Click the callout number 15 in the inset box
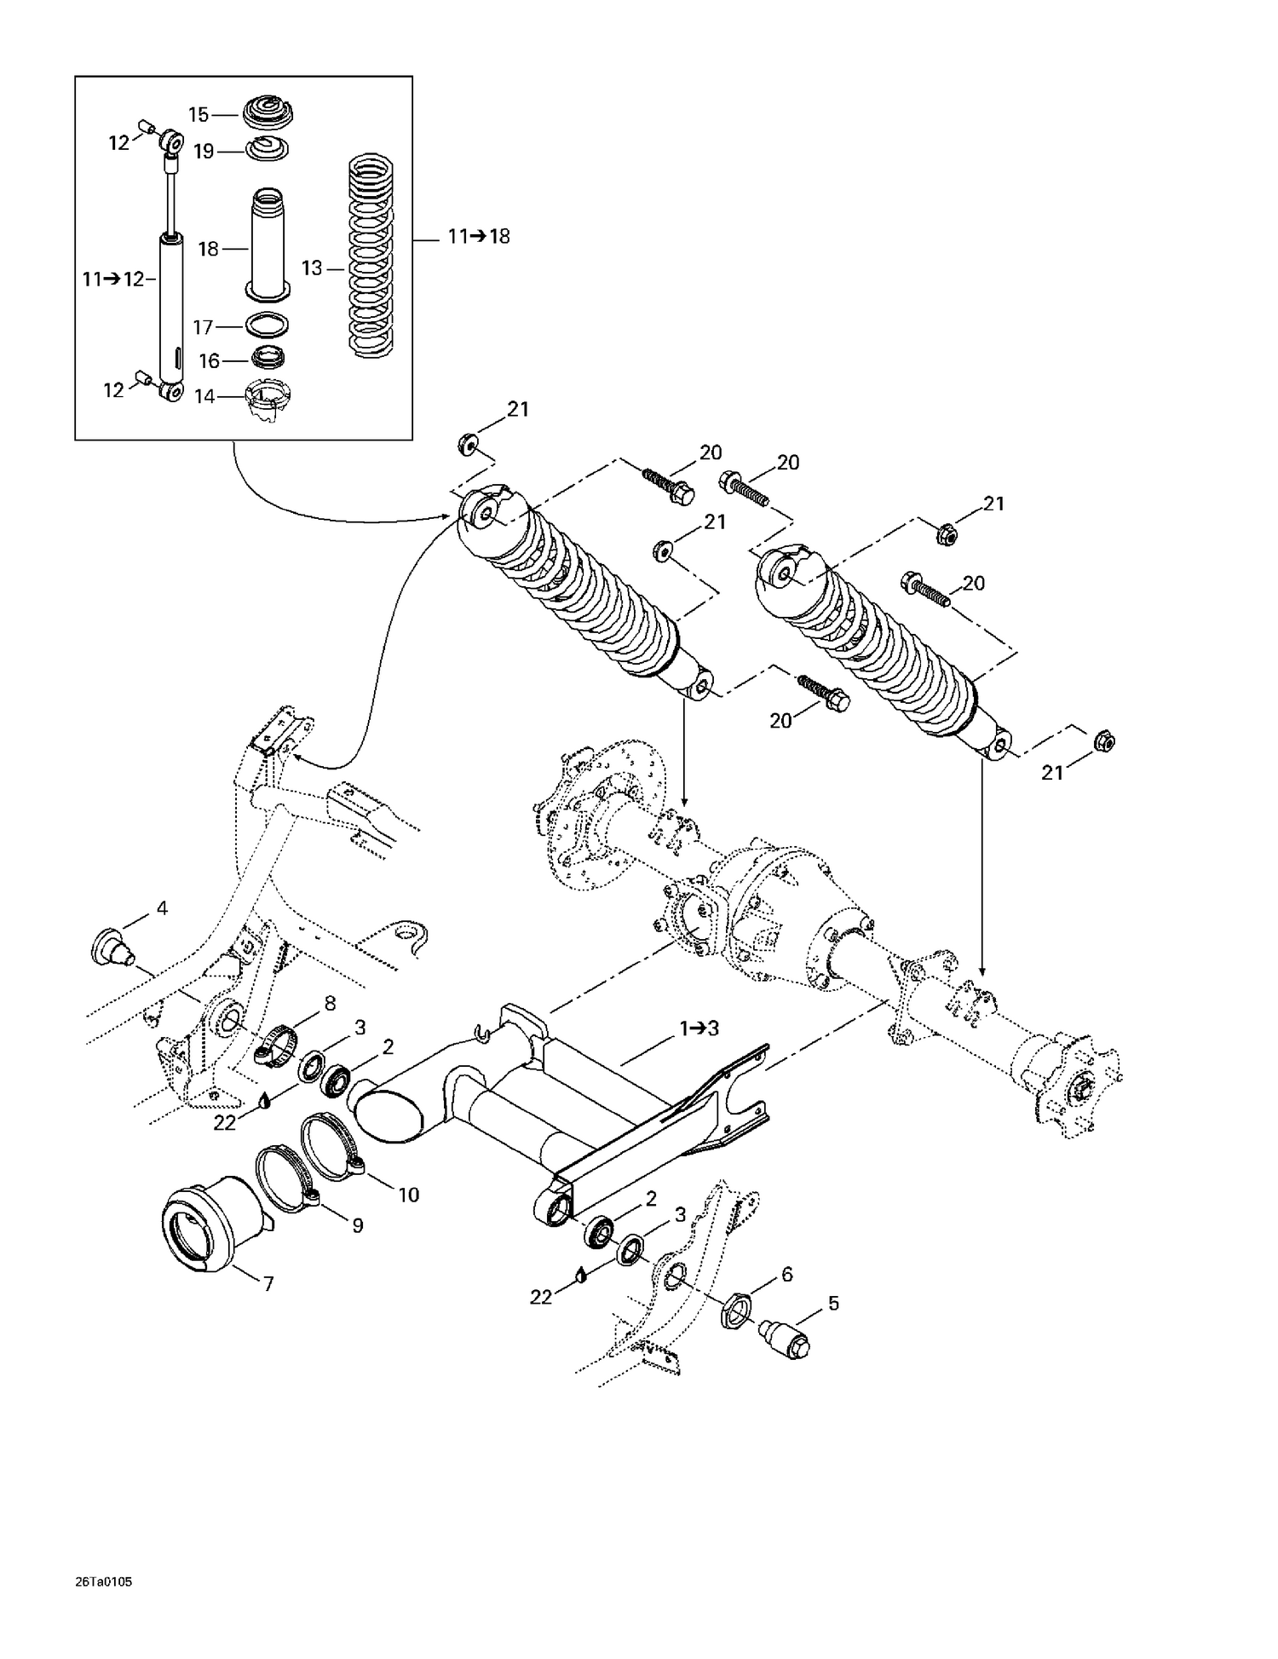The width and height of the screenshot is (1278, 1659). [x=198, y=115]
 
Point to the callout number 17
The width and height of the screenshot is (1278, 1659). [x=203, y=326]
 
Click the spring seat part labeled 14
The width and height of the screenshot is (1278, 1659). [x=268, y=402]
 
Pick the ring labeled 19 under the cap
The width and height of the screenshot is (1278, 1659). [x=268, y=150]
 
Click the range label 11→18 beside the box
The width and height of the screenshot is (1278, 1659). [x=479, y=237]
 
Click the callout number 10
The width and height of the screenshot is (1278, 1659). [x=408, y=1195]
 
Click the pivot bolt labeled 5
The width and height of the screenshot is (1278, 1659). [x=787, y=1337]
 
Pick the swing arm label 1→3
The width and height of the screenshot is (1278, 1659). [x=699, y=1028]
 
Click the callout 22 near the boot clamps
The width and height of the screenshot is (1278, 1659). [x=224, y=1123]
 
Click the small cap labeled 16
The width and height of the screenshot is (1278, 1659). [x=268, y=358]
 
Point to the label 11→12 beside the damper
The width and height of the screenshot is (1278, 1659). [x=113, y=279]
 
